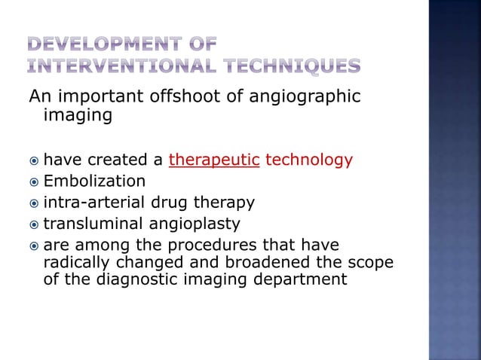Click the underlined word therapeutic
[215, 160]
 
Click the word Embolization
[95, 182]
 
